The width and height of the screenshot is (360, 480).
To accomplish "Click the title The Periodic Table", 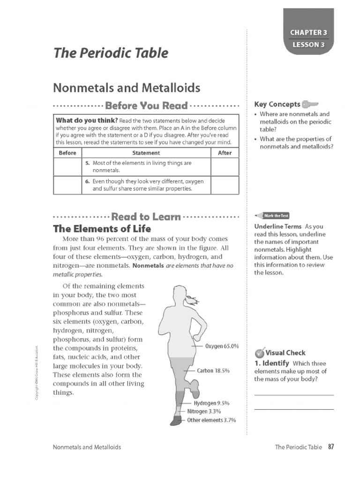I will click(x=111, y=53).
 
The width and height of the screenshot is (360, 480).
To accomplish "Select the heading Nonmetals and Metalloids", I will click(x=127, y=88).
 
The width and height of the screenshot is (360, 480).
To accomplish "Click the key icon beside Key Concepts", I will click(x=310, y=104).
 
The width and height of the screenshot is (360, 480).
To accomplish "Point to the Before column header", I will click(x=67, y=153).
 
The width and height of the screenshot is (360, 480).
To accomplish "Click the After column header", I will click(x=225, y=153).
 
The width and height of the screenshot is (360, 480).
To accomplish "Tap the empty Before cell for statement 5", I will click(x=67, y=166).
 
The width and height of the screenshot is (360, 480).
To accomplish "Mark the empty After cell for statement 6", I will click(x=225, y=185).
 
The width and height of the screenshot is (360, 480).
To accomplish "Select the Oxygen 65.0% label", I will click(x=222, y=346).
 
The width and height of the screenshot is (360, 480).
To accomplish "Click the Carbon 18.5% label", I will click(x=213, y=371).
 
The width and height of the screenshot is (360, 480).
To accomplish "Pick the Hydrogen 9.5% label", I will click(x=211, y=403).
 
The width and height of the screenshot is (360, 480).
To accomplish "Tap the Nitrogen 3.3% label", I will click(x=204, y=412).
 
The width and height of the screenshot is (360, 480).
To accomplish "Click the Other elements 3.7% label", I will click(x=211, y=420).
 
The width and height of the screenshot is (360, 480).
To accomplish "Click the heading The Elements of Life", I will click(x=102, y=229).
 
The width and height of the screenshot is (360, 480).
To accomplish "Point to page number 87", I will click(x=331, y=447).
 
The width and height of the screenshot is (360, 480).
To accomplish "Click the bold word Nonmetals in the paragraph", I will click(x=148, y=266).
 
